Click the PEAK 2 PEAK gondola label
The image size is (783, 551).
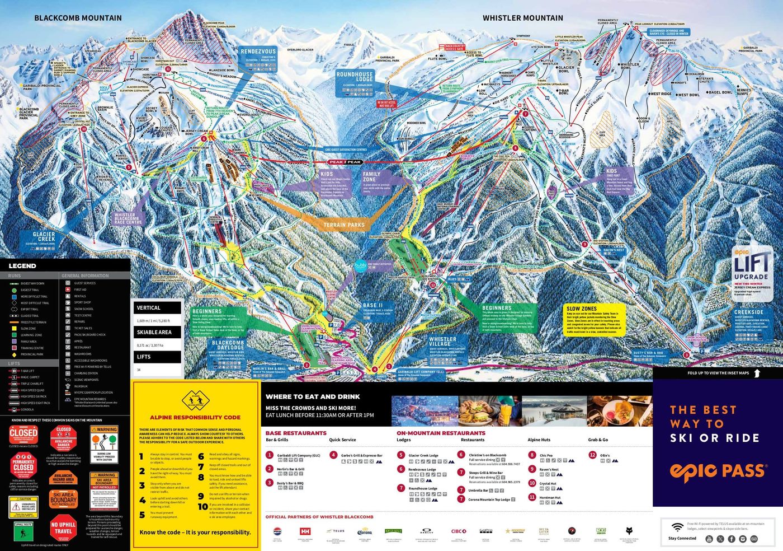pyautogui.click(x=345, y=162)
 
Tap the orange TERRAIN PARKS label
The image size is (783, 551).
pyautogui.click(x=344, y=225)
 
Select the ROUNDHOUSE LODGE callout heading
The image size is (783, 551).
pyautogui.click(x=355, y=77)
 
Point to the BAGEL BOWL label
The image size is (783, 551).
pyautogui.click(x=720, y=92)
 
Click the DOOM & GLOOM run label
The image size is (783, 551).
pyautogui.click(x=644, y=120)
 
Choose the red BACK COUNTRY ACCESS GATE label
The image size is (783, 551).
pyautogui.click(x=455, y=48)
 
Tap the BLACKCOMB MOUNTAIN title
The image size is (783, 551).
pyautogui.click(x=78, y=18)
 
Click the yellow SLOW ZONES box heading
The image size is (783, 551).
pyautogui.click(x=582, y=309)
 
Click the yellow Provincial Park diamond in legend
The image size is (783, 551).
pyautogui.click(x=13, y=354)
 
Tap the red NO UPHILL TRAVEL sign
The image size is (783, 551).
pyautogui.click(x=63, y=528)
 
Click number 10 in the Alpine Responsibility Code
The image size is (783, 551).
pyautogui.click(x=202, y=507)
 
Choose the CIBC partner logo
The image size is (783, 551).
pyautogui.click(x=459, y=531)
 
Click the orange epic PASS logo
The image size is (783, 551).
pyautogui.click(x=718, y=471)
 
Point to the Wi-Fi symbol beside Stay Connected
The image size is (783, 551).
pyautogui.click(x=677, y=527)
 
